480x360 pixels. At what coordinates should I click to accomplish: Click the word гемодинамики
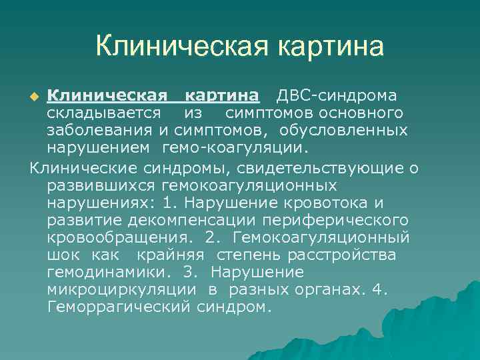[95, 272]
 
